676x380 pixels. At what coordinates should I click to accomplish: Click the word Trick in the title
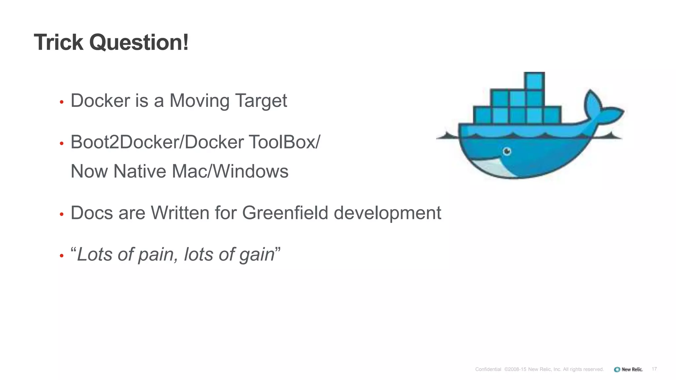click(x=59, y=43)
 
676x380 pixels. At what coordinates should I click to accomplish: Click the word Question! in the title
click(x=139, y=43)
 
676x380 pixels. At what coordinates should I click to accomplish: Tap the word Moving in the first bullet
click(x=199, y=101)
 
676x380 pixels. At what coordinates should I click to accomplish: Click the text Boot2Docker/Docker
click(x=157, y=142)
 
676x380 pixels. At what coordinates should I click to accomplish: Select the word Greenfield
click(x=285, y=213)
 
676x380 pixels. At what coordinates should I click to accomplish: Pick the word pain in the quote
click(x=155, y=254)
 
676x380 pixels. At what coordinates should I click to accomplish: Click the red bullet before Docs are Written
click(x=61, y=215)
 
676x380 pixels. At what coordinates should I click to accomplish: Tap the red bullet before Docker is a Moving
click(x=61, y=103)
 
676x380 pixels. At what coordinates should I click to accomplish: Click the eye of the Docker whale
click(x=507, y=151)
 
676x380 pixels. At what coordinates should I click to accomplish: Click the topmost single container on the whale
click(x=534, y=81)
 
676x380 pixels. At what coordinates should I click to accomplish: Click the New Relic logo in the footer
click(x=628, y=369)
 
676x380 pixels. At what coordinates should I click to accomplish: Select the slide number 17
click(x=654, y=369)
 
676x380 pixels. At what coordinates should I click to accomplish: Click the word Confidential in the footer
click(x=488, y=369)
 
